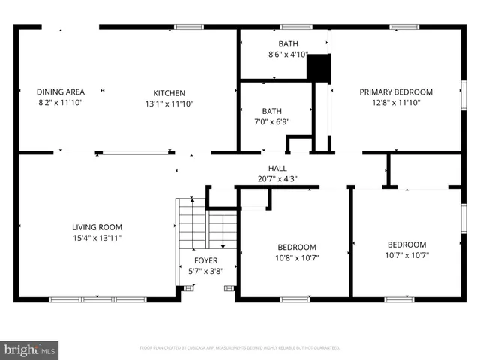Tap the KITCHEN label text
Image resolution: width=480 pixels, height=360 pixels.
pos(169,91)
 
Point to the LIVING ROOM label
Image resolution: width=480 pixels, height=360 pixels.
pos(97,227)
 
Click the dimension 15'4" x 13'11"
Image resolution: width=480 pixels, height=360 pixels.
pos(97,238)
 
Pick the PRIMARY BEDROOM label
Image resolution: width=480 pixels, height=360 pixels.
pos(396,91)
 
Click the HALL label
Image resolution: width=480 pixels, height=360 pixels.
pos(277,169)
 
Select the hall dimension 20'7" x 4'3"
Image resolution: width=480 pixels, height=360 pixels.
pos(277,178)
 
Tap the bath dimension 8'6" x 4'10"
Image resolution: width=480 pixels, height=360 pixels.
pos(288,54)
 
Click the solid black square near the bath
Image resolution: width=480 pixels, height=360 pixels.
pos(319,68)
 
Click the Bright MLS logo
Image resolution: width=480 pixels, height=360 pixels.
pos(30,349)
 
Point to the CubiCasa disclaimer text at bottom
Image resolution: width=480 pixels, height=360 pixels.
pos(240,348)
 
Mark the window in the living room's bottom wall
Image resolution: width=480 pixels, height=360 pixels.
pos(97,299)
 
